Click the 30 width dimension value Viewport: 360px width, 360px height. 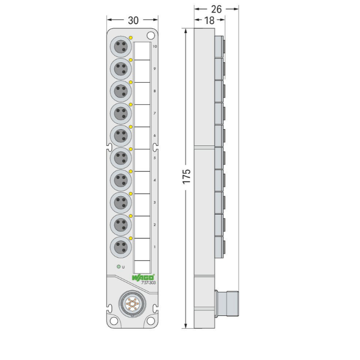(x=133, y=20)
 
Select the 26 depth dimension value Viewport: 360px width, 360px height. (x=216, y=9)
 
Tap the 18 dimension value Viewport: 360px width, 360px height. (x=209, y=21)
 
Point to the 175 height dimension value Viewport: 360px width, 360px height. (x=187, y=176)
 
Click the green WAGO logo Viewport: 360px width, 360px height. (x=143, y=277)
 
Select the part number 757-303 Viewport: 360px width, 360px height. (x=148, y=283)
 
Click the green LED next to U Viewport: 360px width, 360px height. (x=119, y=266)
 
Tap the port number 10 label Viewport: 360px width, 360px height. (x=155, y=47)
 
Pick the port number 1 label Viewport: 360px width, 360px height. (x=155, y=247)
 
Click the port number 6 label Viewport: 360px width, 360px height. (x=155, y=135)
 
